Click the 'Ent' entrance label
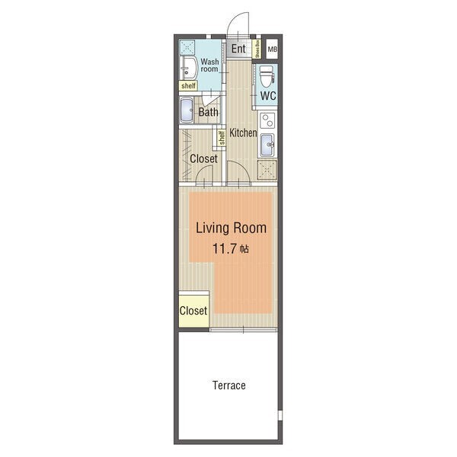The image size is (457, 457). (x=238, y=49)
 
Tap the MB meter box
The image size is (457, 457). (x=272, y=49)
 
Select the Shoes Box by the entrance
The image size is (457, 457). (x=257, y=49)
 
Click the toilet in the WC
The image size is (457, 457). (x=267, y=77)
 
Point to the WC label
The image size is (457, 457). (x=268, y=96)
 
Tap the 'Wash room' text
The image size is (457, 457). (x=209, y=66)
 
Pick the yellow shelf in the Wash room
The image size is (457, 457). (x=188, y=85)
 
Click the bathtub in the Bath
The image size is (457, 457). (x=187, y=110)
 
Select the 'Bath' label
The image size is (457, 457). (x=209, y=112)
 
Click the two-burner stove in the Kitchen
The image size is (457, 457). (x=267, y=120)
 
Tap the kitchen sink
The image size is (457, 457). (x=267, y=145)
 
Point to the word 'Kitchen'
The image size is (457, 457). (x=243, y=133)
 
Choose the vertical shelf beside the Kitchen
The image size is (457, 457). (x=222, y=138)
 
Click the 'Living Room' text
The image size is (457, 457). (x=231, y=228)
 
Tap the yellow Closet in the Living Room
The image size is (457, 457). (x=193, y=311)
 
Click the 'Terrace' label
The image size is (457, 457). (x=229, y=385)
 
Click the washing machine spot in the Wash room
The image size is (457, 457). (x=187, y=47)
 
